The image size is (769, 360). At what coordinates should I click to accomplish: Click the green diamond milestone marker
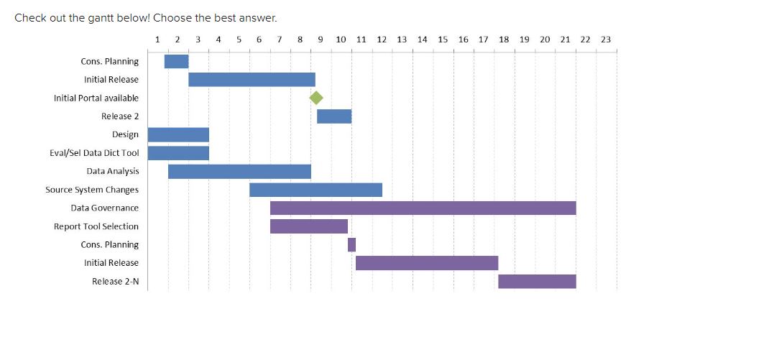[316, 98]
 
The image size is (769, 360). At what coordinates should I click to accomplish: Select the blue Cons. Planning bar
[176, 62]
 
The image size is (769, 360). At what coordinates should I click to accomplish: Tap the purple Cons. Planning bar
[351, 245]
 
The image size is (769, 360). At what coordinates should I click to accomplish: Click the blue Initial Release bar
[252, 80]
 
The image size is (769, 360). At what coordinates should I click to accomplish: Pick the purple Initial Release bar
[426, 263]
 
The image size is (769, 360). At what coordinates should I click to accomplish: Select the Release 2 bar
[334, 116]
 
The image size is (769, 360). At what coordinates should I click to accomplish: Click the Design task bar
[178, 135]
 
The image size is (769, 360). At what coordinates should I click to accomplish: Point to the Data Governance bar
[423, 208]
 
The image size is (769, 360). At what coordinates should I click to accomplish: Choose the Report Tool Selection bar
[309, 226]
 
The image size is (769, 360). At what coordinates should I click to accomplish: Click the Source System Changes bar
[316, 190]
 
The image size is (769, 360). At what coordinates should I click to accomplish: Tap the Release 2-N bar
[537, 282]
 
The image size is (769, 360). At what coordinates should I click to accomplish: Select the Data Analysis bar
[239, 172]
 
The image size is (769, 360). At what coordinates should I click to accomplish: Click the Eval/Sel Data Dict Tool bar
[178, 153]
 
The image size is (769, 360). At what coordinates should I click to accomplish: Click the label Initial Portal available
[96, 98]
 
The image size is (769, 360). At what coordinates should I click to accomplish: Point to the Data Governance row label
[104, 208]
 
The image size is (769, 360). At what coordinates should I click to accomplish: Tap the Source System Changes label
[92, 190]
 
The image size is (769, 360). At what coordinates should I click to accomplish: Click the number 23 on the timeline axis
[605, 40]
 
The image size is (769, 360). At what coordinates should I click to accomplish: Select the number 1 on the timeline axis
[157, 40]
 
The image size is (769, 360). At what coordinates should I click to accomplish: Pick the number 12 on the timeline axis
[382, 40]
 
